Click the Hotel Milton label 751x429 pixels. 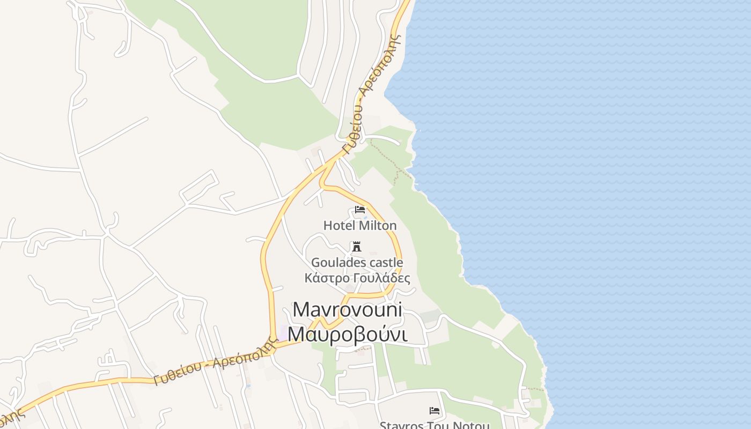(360, 225)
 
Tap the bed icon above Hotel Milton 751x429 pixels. (360, 210)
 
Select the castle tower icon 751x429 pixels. (356, 246)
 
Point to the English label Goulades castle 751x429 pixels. (357, 263)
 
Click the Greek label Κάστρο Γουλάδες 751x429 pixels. (357, 278)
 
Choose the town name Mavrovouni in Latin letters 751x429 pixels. (348, 310)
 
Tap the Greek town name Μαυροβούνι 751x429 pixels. (348, 334)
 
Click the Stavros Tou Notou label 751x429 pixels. (435, 425)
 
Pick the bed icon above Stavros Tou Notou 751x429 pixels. (435, 411)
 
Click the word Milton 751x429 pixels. (378, 225)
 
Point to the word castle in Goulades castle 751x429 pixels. (385, 263)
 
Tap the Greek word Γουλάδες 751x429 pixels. (382, 278)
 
